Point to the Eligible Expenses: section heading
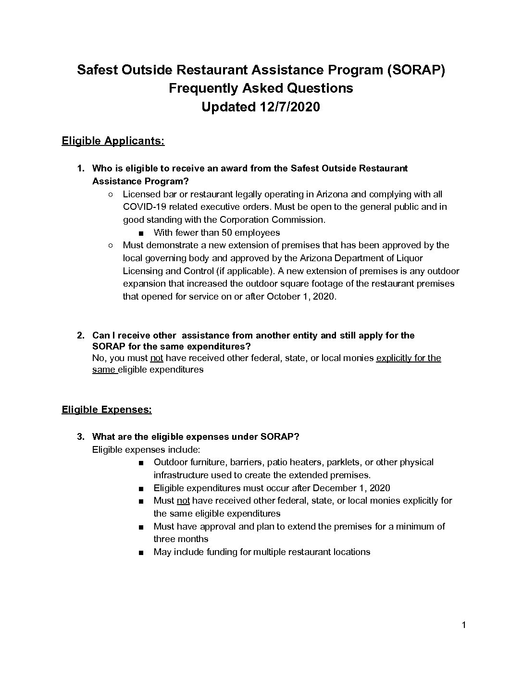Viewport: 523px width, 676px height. coord(107,410)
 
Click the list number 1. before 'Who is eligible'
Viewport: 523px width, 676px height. coord(81,169)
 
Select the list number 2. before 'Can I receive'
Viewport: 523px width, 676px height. coord(81,336)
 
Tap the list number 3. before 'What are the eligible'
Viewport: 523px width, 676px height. coord(81,437)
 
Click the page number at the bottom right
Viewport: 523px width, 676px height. coord(463,625)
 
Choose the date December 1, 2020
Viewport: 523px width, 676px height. coord(351,488)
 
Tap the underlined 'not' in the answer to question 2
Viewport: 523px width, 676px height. coord(157,358)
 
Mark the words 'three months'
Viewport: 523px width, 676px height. coord(181,539)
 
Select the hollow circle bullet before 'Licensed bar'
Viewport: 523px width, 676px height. coord(110,194)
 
